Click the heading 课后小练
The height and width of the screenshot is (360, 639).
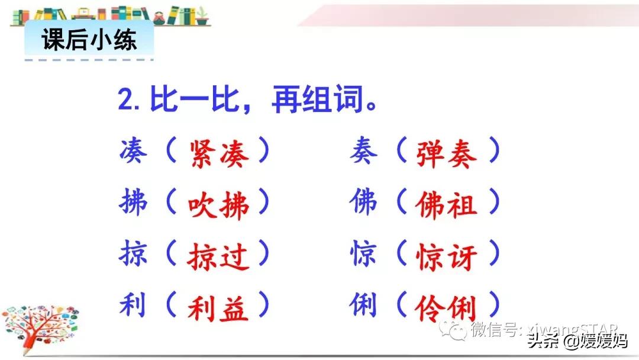(x=89, y=40)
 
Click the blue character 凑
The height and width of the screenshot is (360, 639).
(x=133, y=151)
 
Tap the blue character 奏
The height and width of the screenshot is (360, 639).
(x=363, y=151)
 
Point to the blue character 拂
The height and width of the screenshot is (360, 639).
(x=133, y=202)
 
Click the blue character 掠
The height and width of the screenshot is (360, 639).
(x=133, y=253)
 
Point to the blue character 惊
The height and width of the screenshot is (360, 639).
(x=363, y=253)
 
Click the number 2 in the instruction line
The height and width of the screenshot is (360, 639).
(x=127, y=99)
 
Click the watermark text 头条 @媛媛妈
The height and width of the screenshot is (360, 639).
(x=577, y=340)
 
